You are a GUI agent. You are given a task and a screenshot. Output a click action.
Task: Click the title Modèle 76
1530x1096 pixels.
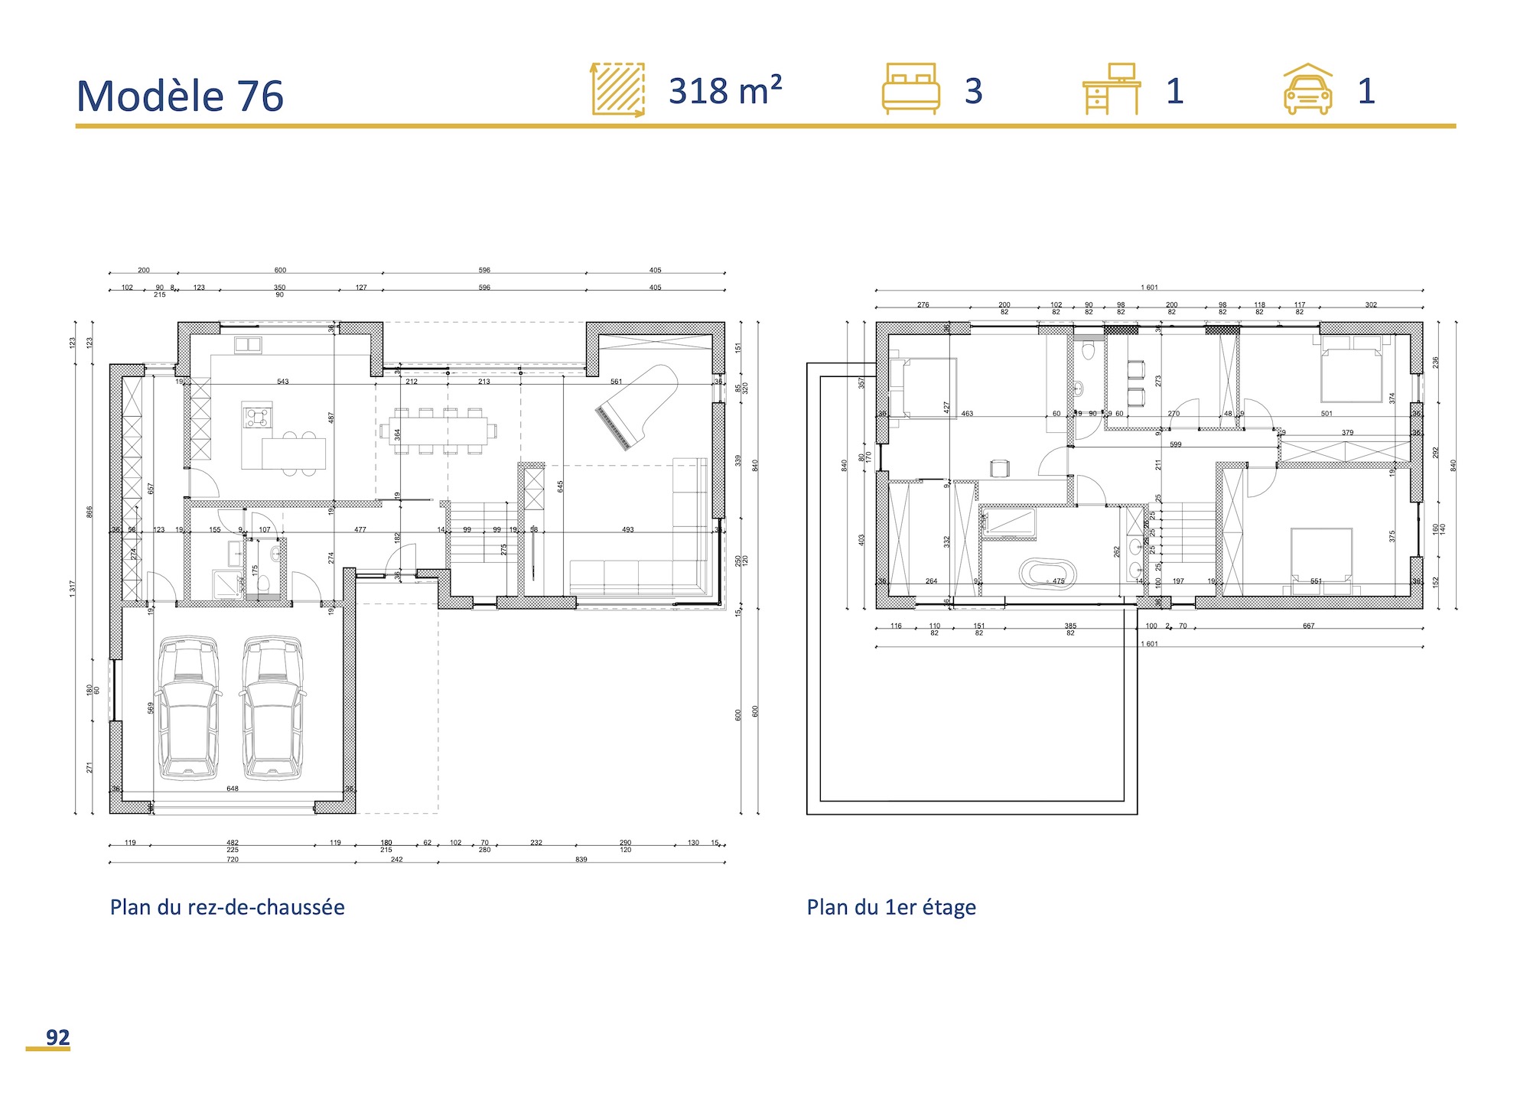tap(180, 96)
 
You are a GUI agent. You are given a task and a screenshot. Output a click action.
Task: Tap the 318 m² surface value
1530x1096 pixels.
tap(724, 91)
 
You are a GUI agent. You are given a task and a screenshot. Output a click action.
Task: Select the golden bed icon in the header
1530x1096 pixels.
tap(910, 89)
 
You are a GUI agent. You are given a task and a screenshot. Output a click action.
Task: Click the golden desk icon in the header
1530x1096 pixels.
tap(1112, 89)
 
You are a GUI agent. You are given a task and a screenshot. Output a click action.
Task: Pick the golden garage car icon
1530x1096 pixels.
tap(1307, 89)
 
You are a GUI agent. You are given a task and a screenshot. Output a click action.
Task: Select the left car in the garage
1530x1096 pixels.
tap(189, 707)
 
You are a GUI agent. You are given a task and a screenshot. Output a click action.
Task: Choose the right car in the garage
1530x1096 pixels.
tap(272, 707)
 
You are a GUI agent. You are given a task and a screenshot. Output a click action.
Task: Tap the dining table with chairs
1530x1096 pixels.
tap(438, 431)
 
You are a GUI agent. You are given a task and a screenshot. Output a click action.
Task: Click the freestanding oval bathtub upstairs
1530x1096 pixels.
tap(1048, 573)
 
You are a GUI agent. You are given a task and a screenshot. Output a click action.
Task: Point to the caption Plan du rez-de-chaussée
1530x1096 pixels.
tap(227, 907)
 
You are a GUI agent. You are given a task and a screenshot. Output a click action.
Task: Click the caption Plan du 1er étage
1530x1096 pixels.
tap(891, 907)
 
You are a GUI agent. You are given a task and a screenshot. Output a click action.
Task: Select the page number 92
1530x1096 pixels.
tap(57, 1037)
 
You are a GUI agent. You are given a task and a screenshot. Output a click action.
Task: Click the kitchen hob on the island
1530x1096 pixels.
tap(256, 417)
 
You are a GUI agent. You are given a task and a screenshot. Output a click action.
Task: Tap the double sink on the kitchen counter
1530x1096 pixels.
tap(248, 344)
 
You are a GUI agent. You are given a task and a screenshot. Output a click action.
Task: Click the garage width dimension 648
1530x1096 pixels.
tap(233, 789)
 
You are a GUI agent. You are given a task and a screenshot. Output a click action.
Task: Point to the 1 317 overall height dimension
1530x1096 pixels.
tap(73, 587)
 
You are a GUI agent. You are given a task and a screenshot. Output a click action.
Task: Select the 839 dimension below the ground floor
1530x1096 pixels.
tap(581, 860)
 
